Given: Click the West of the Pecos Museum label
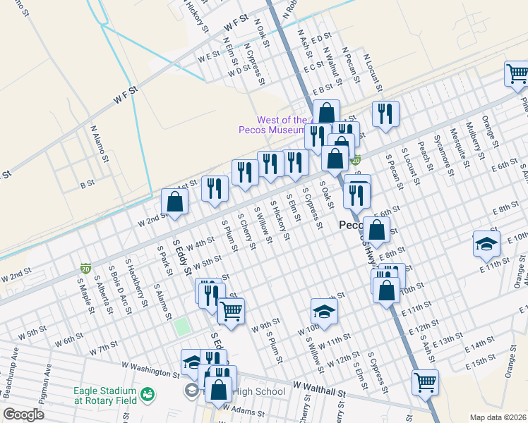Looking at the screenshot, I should (x=272, y=125).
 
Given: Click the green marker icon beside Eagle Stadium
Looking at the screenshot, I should (x=148, y=393).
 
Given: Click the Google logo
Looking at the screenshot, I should (x=23, y=415).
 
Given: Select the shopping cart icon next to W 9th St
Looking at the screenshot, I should (x=231, y=309).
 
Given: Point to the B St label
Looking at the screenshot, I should (x=88, y=185).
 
